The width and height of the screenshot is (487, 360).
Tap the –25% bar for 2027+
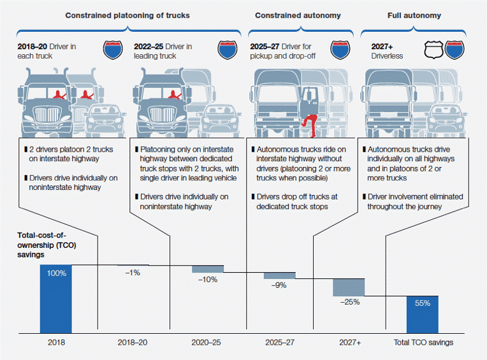tap(348, 287)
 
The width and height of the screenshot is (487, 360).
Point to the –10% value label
tap(207, 280)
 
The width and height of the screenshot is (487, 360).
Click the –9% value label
tap(279, 285)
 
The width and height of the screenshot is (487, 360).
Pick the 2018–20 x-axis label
tap(132, 342)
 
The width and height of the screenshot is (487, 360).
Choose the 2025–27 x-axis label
tap(280, 342)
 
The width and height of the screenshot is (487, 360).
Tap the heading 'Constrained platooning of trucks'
tap(127, 14)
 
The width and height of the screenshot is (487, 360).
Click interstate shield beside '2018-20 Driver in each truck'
tap(113, 50)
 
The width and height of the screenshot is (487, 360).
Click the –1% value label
tap(133, 272)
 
